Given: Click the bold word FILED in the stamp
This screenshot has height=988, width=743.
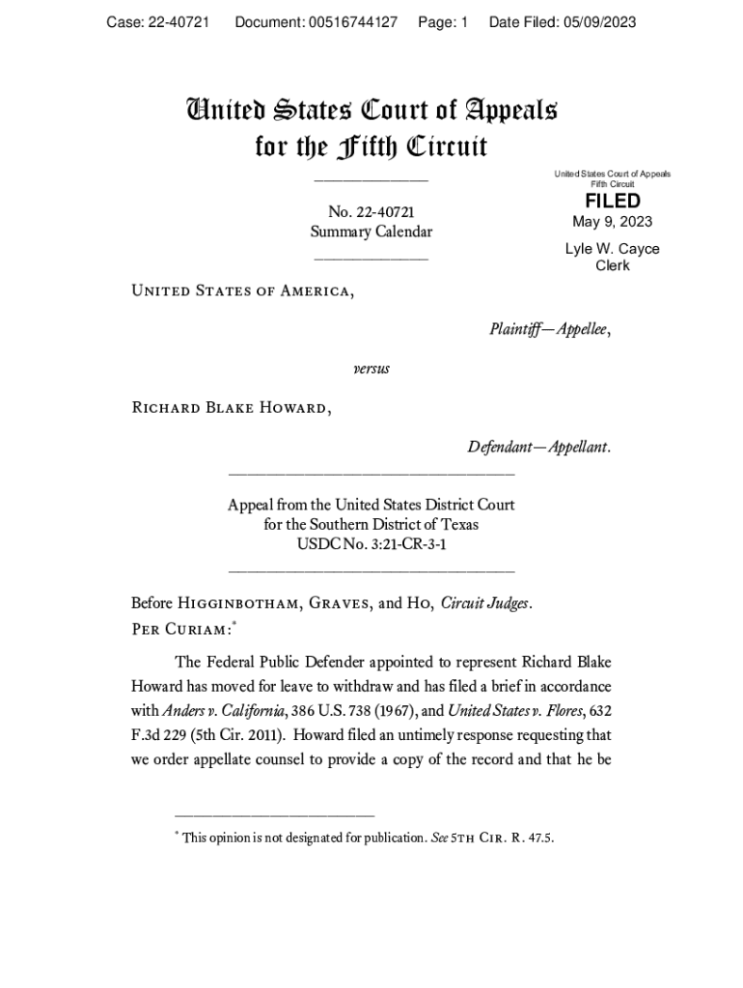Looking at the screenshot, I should tap(612, 201).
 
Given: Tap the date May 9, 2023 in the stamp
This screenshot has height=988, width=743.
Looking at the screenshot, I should tap(612, 222).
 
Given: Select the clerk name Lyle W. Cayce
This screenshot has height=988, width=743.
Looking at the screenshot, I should tap(612, 249).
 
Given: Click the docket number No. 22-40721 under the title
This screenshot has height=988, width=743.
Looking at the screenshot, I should tap(371, 212).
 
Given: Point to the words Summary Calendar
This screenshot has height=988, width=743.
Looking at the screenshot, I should tap(371, 232).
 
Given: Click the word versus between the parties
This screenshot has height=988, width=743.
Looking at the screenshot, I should tap(371, 369).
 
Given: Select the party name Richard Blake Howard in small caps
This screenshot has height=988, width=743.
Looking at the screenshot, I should tap(231, 407).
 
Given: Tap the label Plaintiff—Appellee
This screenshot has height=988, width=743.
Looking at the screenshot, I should tap(550, 330).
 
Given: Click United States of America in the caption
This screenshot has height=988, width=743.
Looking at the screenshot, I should tap(242, 289).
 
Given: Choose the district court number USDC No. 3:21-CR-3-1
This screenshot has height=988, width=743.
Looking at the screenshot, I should tap(371, 545).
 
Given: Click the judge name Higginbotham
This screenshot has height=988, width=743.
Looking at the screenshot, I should tap(240, 605).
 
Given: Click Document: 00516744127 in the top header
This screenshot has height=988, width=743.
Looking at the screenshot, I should tap(316, 22).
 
